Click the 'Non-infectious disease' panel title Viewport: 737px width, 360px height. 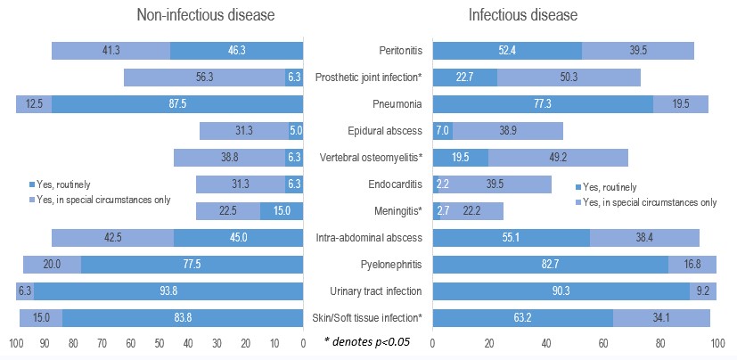205,15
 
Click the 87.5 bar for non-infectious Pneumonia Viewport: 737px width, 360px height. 178,104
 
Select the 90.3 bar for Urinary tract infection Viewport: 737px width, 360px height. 561,291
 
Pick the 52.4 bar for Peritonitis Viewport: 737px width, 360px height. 507,51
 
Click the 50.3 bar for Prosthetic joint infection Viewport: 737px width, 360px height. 569,78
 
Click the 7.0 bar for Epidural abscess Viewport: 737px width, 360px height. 442,131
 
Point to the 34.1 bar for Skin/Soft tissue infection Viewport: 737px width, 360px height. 661,318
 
